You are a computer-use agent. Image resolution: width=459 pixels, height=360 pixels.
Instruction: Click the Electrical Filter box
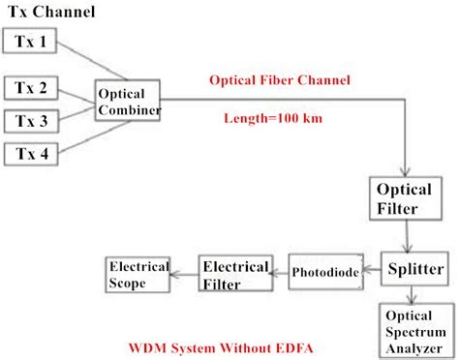[230, 273]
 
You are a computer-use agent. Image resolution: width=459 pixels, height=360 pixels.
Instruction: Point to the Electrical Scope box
[138, 275]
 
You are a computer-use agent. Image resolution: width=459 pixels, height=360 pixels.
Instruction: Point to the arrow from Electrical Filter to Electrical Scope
[184, 275]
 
